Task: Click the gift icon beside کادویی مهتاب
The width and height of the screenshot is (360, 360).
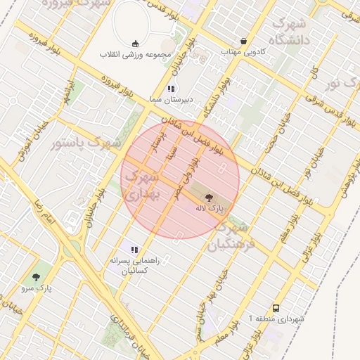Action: pyautogui.click(x=243, y=41)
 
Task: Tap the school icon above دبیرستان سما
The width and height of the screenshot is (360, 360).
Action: pyautogui.click(x=171, y=89)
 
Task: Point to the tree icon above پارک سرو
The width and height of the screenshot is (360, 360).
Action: pyautogui.click(x=37, y=277)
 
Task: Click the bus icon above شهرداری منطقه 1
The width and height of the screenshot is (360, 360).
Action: pyautogui.click(x=276, y=308)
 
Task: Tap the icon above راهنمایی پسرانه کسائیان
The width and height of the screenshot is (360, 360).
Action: pyautogui.click(x=134, y=250)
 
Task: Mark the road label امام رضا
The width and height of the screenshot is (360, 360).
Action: pyautogui.click(x=40, y=212)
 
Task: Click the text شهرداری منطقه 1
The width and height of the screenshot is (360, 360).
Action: pyautogui.click(x=276, y=319)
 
